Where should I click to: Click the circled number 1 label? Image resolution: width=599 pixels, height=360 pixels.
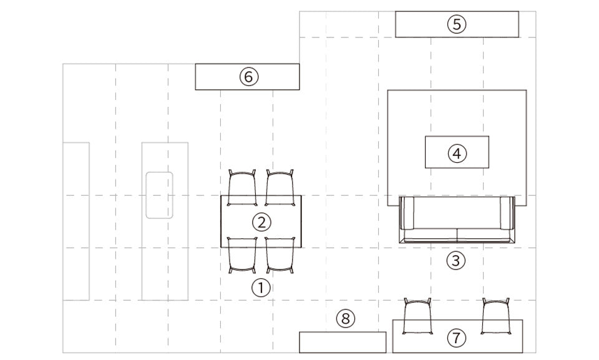click(261, 287)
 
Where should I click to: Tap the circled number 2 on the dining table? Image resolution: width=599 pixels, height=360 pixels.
click(261, 222)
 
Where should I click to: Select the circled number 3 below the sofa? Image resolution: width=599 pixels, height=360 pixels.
click(455, 261)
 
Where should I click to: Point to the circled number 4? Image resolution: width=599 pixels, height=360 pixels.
click(457, 153)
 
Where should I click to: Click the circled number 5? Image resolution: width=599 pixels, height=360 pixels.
click(457, 24)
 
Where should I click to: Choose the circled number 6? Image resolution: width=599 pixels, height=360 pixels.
click(249, 77)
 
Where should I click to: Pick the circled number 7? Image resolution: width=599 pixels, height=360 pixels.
click(457, 338)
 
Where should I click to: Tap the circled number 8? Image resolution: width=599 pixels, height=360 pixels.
click(346, 318)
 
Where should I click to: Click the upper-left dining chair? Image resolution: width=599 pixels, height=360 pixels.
click(242, 187)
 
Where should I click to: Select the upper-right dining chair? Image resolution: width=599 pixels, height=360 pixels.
click(280, 187)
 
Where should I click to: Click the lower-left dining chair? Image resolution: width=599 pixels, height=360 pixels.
click(242, 255)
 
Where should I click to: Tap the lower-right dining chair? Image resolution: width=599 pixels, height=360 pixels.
click(280, 255)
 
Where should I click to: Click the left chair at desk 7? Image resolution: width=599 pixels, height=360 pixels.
click(417, 316)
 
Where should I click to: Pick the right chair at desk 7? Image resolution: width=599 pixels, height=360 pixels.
click(496, 316)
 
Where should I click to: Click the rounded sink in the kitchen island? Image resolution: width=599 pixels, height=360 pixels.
click(159, 195)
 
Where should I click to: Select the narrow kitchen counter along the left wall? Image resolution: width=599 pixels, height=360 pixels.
click(76, 221)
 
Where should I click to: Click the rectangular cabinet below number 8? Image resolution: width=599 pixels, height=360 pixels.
click(343, 342)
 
